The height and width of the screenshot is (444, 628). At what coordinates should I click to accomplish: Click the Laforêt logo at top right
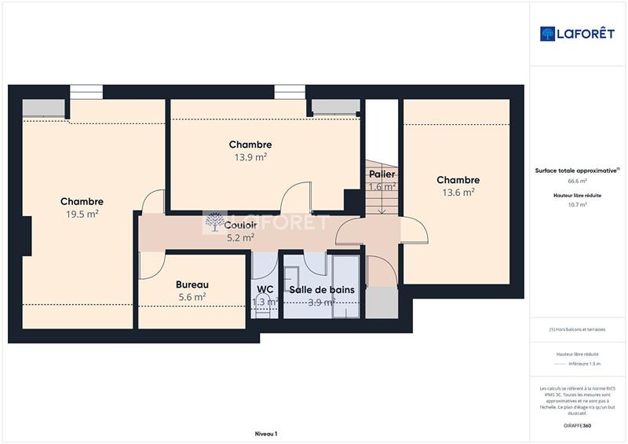578,33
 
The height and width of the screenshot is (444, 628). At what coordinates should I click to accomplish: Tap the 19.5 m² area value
82,214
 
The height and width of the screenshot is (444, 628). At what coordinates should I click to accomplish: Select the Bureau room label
192,284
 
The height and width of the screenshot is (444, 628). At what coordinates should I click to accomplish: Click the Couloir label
240,226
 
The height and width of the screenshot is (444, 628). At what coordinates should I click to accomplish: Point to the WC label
265,289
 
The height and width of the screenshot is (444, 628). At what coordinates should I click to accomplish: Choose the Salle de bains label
322,290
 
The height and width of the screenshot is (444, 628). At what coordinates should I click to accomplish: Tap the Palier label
382,174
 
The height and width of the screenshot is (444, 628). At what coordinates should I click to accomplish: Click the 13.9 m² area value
250,156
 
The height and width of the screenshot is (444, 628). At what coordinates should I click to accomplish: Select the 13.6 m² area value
458,193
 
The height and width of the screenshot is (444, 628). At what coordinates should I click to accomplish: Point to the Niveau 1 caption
266,433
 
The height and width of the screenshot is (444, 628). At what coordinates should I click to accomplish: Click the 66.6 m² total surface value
578,181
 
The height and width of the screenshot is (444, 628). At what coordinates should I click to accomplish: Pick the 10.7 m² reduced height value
578,204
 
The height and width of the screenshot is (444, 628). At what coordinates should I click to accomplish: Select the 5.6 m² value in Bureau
192,297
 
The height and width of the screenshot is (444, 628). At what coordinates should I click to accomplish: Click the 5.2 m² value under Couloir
240,237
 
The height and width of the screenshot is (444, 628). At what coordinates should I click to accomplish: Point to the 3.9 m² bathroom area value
322,302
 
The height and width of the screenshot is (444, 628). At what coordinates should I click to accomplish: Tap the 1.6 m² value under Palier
382,187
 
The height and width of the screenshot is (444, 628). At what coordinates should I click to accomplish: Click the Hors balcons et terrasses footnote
578,329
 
